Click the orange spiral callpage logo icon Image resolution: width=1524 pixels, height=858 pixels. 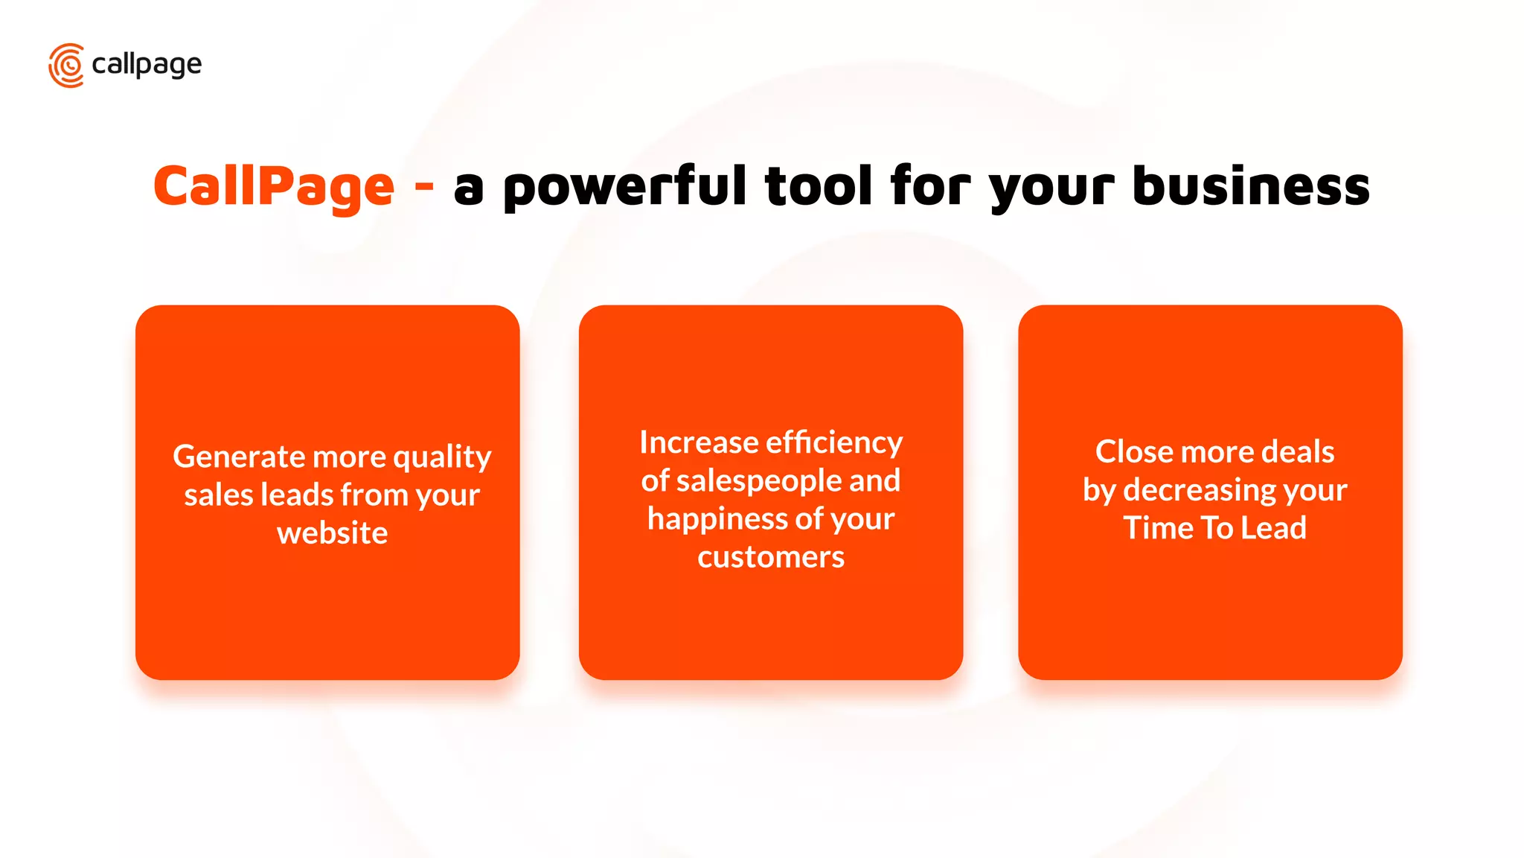(66, 66)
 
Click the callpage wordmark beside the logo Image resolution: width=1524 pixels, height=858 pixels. (147, 66)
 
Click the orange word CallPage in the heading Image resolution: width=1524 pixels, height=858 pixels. (274, 186)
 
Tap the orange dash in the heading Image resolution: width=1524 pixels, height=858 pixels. (424, 183)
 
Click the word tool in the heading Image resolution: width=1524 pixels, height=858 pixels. (819, 186)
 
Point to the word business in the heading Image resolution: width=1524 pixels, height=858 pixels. (1251, 186)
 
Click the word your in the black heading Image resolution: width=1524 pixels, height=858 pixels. (1051, 189)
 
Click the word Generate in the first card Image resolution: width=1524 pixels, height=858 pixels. (239, 457)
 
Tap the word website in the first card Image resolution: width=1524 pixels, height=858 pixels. (332, 533)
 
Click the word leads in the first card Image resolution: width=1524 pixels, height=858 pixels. (297, 495)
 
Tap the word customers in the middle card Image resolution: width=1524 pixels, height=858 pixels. (771, 557)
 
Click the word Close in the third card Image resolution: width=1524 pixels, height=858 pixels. (1133, 452)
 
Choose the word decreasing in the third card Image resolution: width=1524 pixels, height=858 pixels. (1199, 491)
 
